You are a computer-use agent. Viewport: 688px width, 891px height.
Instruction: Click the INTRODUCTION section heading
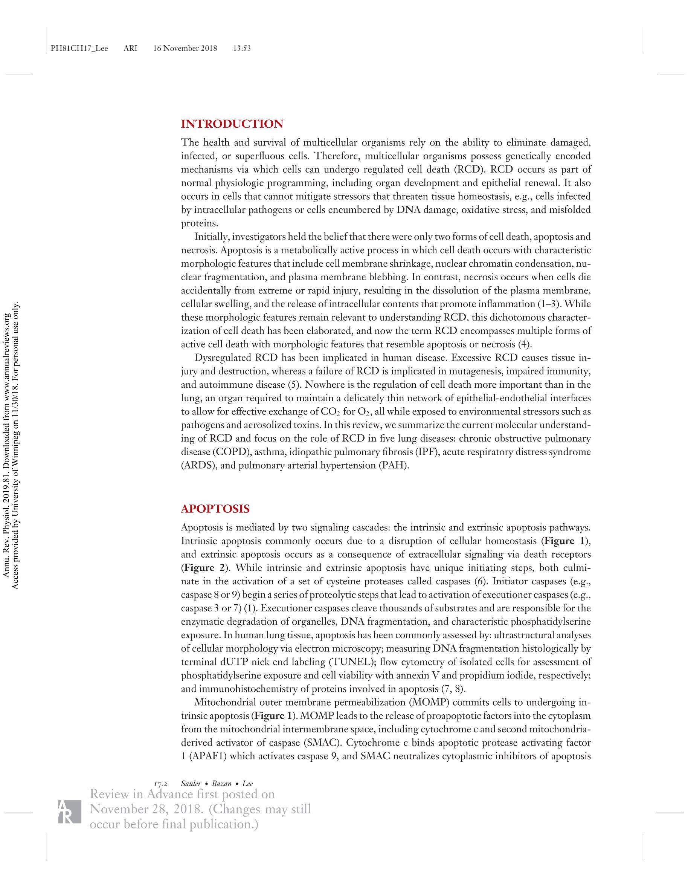coord(232,124)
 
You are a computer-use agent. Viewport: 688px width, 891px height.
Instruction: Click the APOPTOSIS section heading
coord(215,509)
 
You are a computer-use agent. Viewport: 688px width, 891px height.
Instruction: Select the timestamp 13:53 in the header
coord(241,49)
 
